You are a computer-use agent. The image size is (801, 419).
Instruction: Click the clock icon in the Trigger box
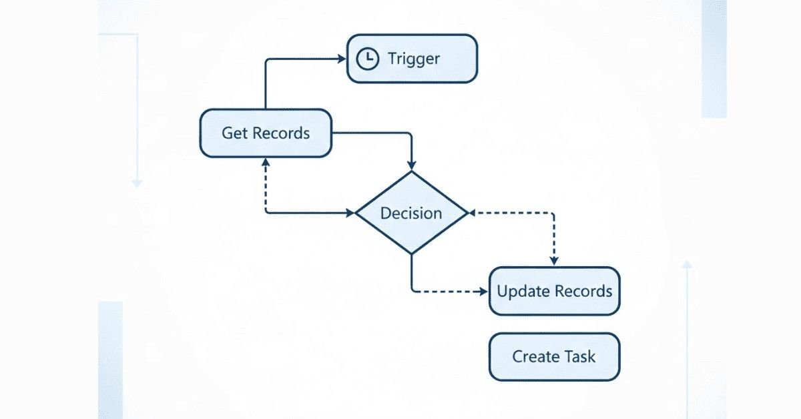366,59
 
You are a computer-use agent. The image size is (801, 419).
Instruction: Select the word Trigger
414,59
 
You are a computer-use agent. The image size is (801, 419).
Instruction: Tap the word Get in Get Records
234,133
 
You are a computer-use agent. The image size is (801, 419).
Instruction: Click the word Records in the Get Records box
281,133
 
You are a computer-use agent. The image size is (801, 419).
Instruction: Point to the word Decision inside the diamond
411,214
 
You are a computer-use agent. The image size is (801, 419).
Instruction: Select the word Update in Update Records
521,292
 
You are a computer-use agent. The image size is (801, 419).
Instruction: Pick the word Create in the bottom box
535,356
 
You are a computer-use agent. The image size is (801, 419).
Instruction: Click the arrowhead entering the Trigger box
341,59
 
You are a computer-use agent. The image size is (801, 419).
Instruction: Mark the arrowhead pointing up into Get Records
266,163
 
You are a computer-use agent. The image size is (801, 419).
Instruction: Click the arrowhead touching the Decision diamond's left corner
350,214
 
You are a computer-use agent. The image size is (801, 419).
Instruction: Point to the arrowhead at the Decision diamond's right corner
472,214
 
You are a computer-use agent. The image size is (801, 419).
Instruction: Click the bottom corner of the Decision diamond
411,254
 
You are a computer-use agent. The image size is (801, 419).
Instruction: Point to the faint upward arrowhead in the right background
687,265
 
